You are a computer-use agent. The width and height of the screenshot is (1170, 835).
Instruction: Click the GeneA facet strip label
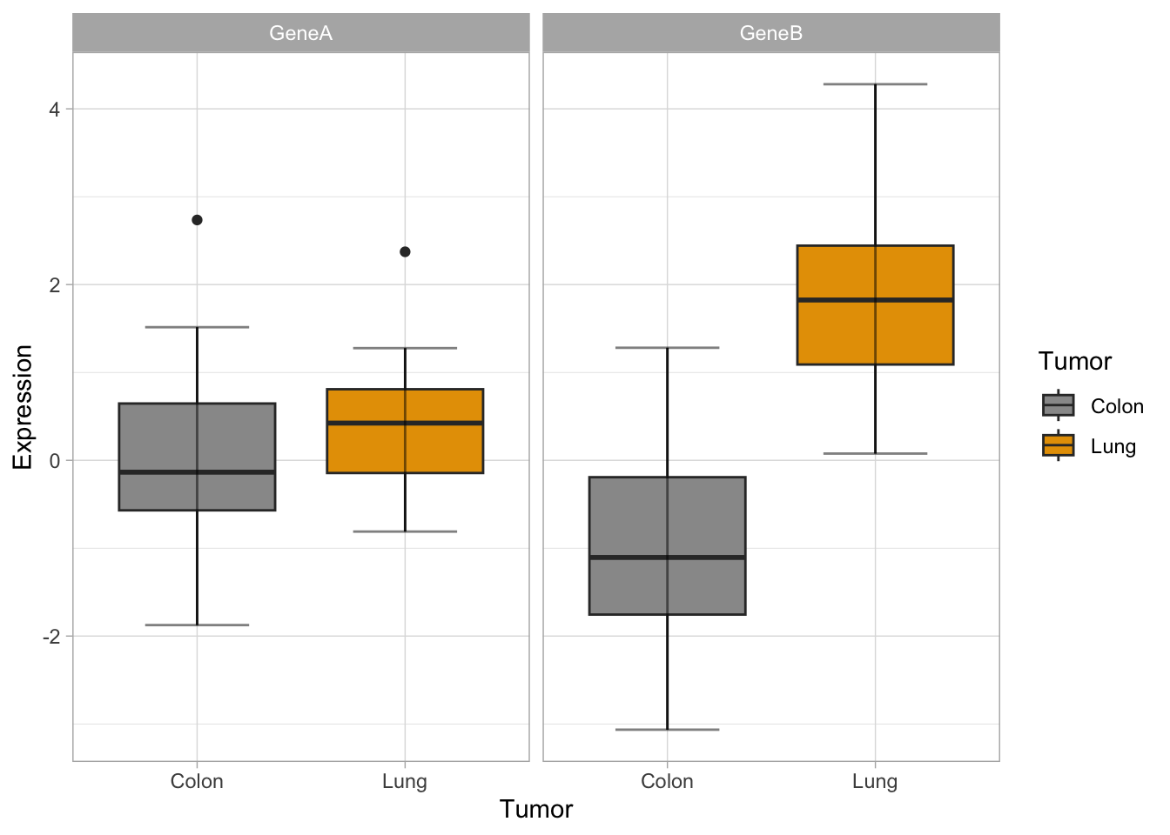coord(300,33)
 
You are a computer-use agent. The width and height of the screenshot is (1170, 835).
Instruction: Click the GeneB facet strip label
coord(770,33)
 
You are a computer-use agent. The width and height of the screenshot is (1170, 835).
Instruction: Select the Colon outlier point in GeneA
coord(197,220)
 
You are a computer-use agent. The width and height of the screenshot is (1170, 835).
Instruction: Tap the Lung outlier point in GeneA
coord(405,252)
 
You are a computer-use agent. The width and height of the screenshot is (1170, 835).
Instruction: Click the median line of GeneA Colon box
coord(197,471)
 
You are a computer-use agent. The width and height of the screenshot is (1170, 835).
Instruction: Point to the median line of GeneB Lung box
coord(875,299)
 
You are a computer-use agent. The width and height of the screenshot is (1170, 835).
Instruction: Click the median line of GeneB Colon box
coord(667,557)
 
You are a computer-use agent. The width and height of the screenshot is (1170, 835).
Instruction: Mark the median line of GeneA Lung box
coord(405,423)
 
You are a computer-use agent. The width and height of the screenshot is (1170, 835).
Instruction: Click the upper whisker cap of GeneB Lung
coord(875,84)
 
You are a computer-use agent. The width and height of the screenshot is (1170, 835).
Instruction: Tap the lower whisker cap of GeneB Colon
coord(667,729)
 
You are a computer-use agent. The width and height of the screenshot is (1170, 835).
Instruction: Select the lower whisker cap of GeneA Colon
coord(197,625)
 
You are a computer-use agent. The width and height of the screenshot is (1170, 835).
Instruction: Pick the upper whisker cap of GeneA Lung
coord(405,348)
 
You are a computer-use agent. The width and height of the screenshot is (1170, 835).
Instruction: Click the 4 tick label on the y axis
coord(55,110)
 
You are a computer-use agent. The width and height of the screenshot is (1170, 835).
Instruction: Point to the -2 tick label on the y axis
coord(50,637)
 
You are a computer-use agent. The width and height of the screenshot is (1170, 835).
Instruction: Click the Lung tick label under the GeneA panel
coord(405,781)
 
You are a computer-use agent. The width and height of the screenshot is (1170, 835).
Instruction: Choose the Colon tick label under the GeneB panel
coord(667,781)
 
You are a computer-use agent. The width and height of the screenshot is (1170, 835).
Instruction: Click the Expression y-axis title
coord(23,407)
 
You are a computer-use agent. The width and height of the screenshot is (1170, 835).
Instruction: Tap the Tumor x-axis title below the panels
coord(536,809)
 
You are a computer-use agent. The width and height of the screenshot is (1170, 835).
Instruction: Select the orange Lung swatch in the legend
coord(1058,445)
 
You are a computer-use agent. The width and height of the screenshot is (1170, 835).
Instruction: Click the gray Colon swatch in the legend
coord(1058,405)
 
